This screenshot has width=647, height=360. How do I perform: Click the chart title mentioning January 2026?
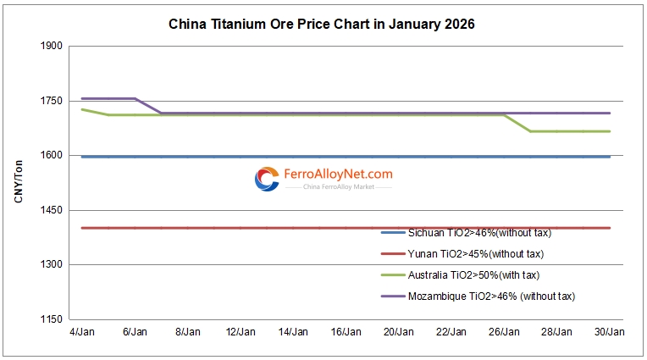click(323, 24)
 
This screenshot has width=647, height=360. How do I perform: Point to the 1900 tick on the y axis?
click(52, 46)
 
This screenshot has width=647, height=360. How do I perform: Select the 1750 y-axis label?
click(52, 101)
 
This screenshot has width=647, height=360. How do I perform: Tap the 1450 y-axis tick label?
click(52, 210)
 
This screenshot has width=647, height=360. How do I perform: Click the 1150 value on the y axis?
click(52, 319)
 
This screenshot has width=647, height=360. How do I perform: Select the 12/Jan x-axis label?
click(241, 332)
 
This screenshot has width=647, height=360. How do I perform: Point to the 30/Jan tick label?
click(610, 332)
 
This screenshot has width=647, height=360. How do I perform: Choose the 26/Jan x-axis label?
click(505, 332)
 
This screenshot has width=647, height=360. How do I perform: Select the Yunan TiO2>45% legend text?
click(474, 253)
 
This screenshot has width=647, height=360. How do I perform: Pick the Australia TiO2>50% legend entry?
click(473, 274)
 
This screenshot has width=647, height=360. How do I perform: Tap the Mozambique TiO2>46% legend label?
click(490, 296)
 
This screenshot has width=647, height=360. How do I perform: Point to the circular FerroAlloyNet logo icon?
click(267, 179)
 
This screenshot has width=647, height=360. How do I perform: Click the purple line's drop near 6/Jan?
click(148, 106)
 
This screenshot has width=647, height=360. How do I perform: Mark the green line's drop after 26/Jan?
click(517, 123)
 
